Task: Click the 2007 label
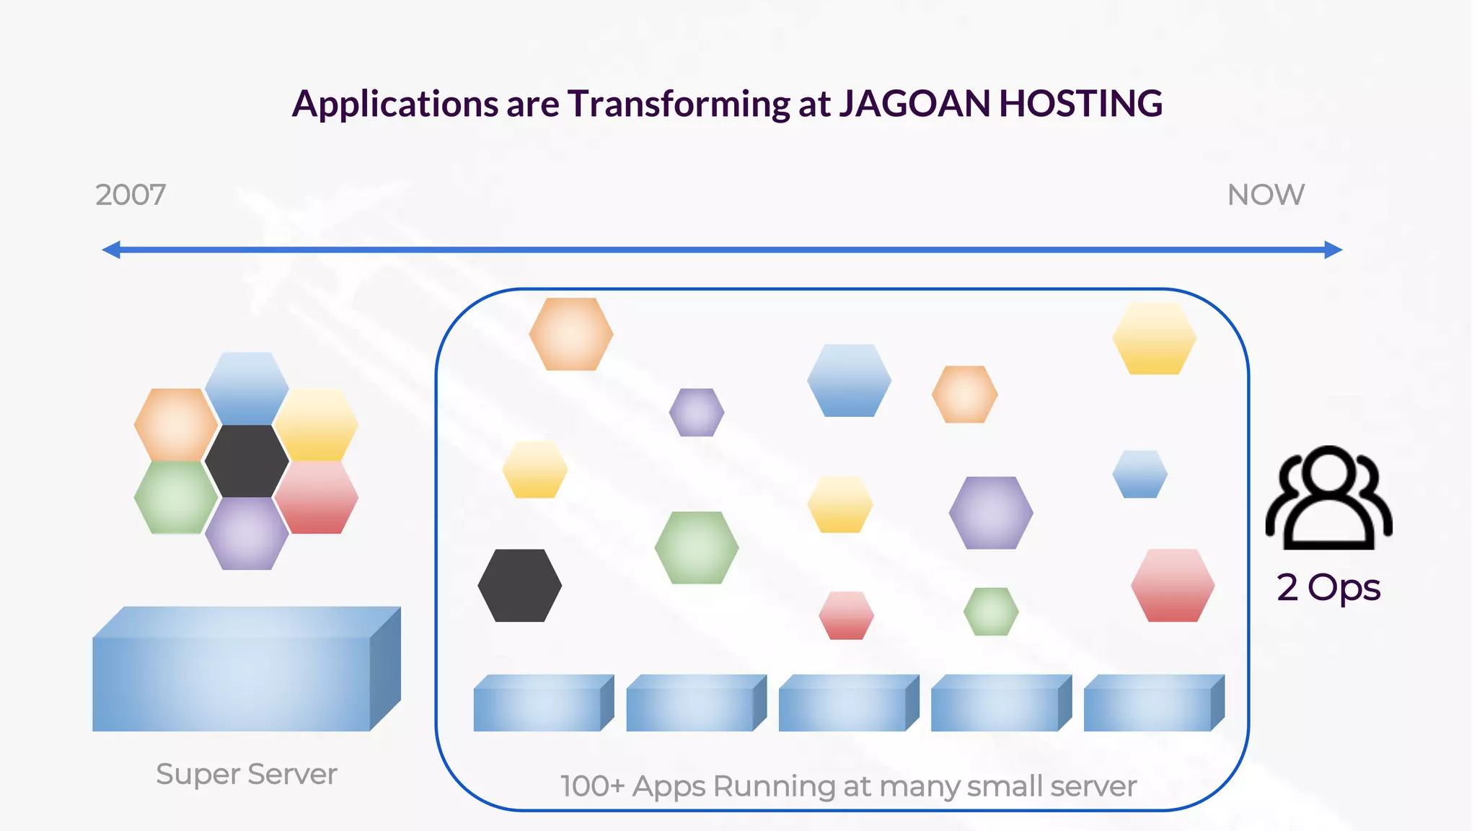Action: coord(131,195)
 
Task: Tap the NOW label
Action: coord(1266,195)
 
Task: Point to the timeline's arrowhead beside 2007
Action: coord(111,250)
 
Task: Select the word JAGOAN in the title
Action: coord(914,103)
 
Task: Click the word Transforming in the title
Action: coord(679,105)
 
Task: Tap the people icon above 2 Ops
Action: coord(1328,498)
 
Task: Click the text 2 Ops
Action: coord(1328,587)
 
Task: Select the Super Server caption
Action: coord(247,774)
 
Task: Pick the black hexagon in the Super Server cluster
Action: coord(247,461)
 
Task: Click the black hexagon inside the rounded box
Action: coord(519,586)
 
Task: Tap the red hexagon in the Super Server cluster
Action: coord(317,498)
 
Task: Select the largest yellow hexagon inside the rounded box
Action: coord(1154,338)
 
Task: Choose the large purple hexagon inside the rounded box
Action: coord(991,513)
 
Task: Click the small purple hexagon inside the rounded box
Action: coord(697,413)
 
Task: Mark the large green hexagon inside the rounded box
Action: coord(697,548)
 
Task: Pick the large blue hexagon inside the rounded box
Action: coord(849,380)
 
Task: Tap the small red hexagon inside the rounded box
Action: coord(846,615)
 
